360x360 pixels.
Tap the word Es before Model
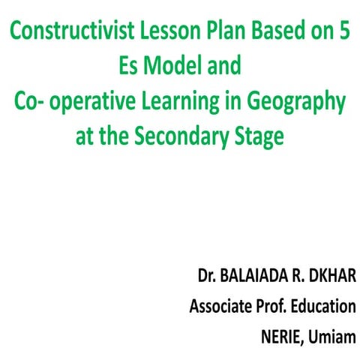click(133, 66)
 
